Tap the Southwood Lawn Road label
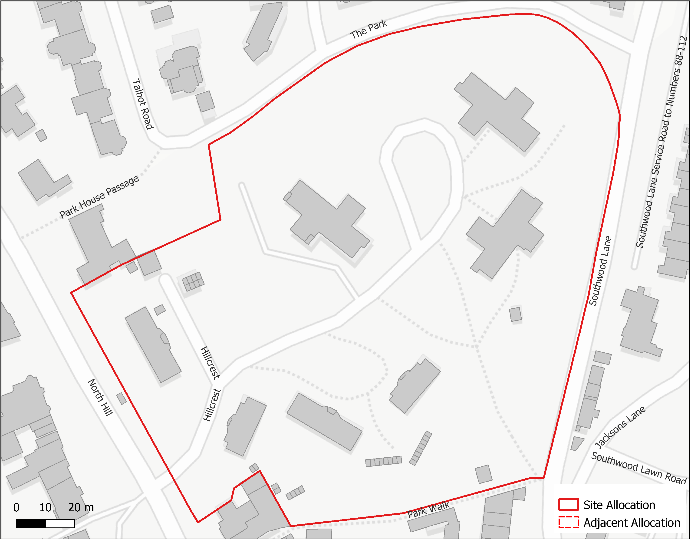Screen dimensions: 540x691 638,467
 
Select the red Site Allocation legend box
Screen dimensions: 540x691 568,505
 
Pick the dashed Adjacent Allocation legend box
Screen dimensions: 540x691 568,522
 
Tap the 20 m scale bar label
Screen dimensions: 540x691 81,507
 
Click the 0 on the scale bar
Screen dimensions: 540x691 16,507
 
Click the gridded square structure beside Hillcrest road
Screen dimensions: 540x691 193,281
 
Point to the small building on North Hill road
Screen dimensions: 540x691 122,398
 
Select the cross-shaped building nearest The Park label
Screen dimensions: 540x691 497,112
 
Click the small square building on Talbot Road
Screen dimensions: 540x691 205,101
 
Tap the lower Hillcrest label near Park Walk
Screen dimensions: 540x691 212,405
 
